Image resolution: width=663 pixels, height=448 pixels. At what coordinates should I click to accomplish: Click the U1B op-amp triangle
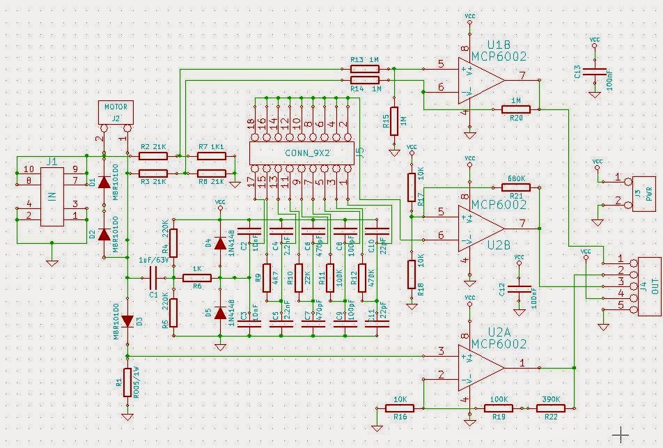[479, 77]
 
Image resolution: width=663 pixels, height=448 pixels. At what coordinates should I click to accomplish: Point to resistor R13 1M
[364, 68]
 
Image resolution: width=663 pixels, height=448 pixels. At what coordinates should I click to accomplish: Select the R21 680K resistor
[516, 187]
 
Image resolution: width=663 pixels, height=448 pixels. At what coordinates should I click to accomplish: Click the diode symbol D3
[127, 321]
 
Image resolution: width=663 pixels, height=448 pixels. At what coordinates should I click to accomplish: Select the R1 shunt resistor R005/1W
[127, 383]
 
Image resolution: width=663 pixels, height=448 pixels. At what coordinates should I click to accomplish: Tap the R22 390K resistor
[551, 408]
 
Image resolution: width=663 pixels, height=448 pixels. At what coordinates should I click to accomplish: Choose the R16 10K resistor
[400, 408]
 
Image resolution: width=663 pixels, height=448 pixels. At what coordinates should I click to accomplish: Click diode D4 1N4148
[220, 243]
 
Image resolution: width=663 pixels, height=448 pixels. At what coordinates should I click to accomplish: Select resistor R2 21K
[153, 156]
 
